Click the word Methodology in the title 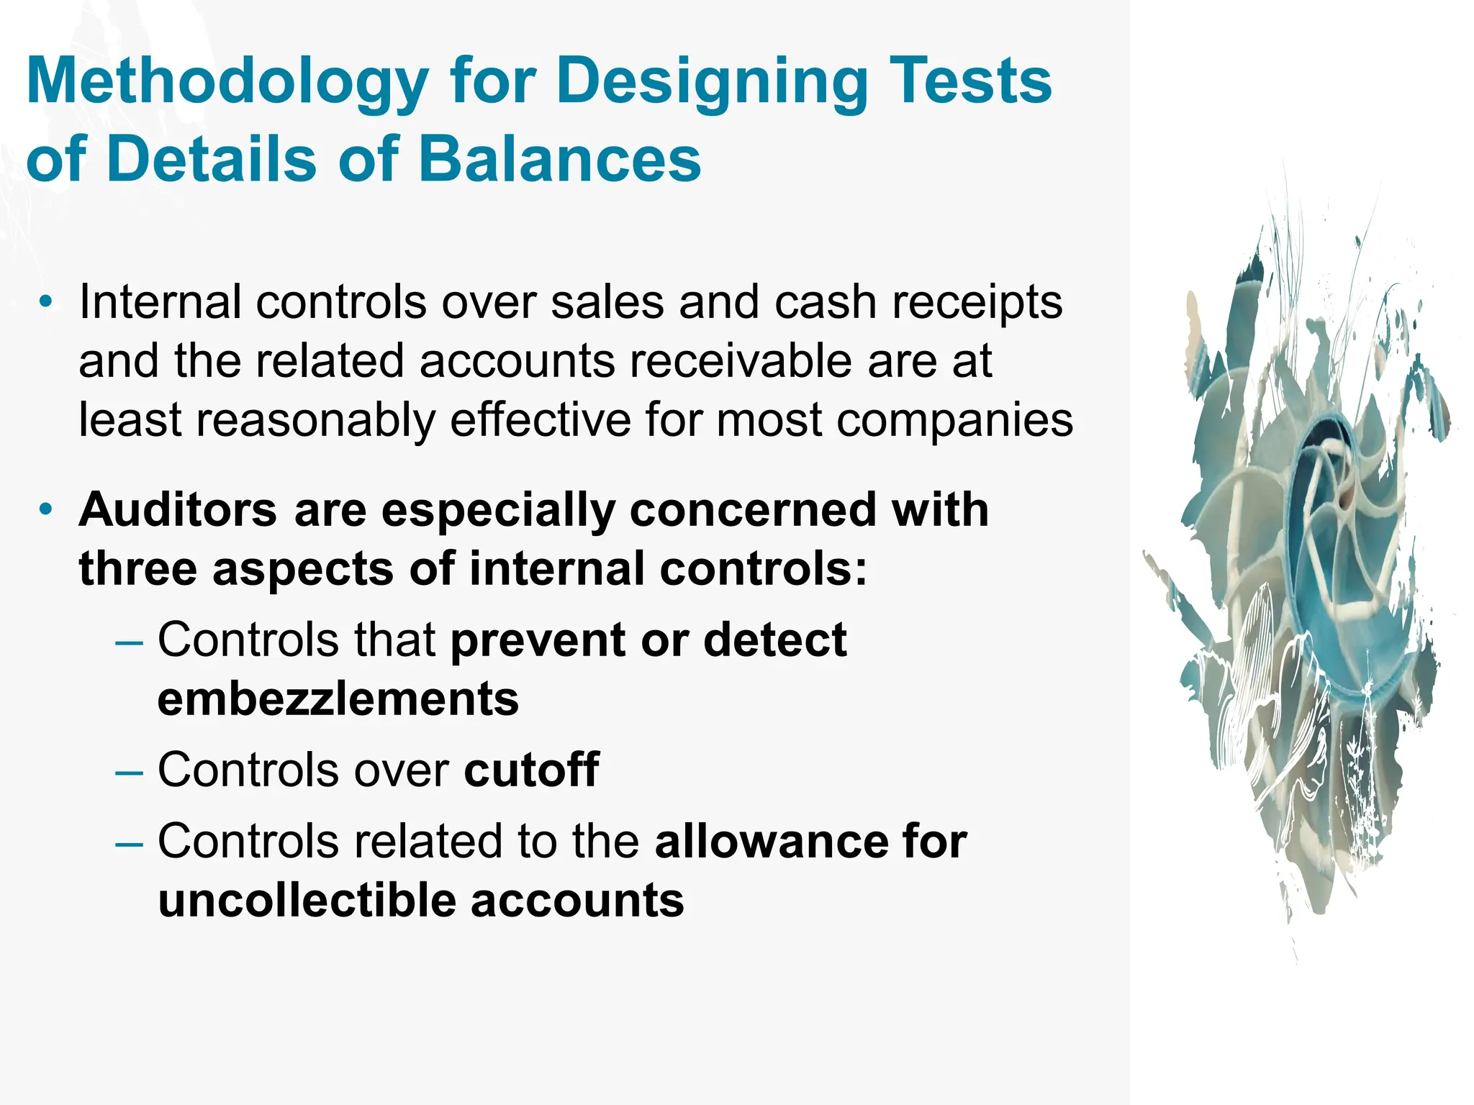(227, 83)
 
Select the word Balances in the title (559, 159)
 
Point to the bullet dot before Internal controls (46, 301)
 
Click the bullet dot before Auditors (46, 509)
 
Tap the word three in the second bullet (137, 569)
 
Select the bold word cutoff (531, 770)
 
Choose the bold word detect (774, 640)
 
